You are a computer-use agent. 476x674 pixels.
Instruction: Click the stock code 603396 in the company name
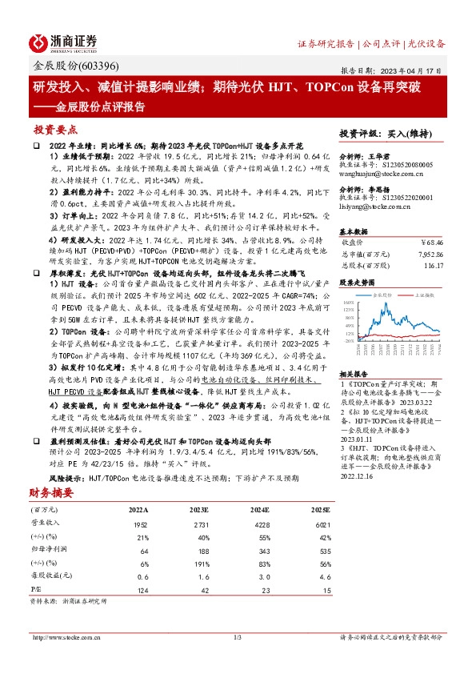pyautogui.click(x=100, y=66)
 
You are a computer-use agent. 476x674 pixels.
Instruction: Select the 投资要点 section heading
pyautogui.click(x=56, y=130)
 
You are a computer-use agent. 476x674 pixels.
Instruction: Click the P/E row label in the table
pyautogui.click(x=37, y=590)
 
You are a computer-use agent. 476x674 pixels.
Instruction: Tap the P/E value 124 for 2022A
pyautogui.click(x=143, y=590)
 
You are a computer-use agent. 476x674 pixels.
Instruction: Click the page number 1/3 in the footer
pyautogui.click(x=237, y=637)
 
